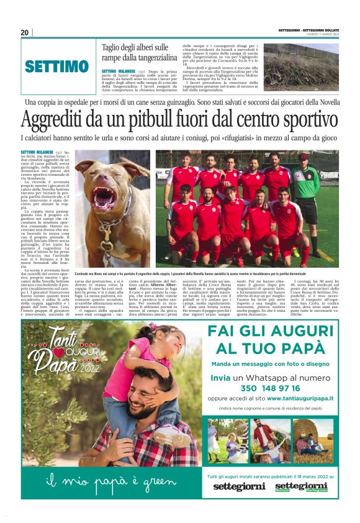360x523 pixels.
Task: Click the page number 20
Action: pyautogui.click(x=25, y=33)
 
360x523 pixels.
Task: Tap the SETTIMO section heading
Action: pyautogui.click(x=57, y=66)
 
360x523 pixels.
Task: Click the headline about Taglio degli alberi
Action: pyautogui.click(x=135, y=52)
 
